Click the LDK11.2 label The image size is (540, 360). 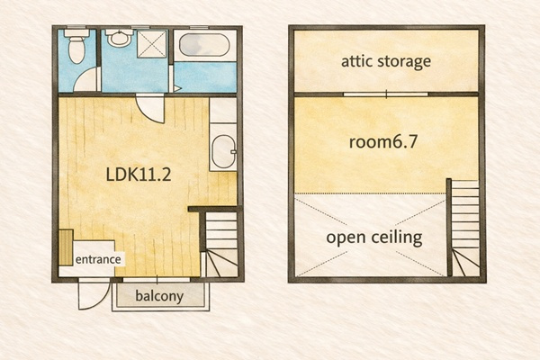(x=139, y=175)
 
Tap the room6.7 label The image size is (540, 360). (x=383, y=141)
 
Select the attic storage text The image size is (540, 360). (x=386, y=61)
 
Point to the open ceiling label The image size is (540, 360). (x=374, y=238)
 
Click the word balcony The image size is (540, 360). (x=159, y=296)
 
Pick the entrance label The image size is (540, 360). (x=98, y=259)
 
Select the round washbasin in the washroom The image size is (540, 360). (x=119, y=38)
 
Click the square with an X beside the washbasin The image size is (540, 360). (x=152, y=44)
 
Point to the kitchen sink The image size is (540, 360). (x=223, y=151)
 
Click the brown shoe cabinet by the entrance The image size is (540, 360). (x=66, y=247)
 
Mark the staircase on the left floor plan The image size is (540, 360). (x=221, y=244)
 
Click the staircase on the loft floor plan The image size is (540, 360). (x=464, y=228)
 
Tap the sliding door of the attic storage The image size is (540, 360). (x=386, y=94)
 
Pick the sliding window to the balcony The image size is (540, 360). (x=157, y=280)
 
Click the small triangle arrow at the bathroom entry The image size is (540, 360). (x=177, y=88)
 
